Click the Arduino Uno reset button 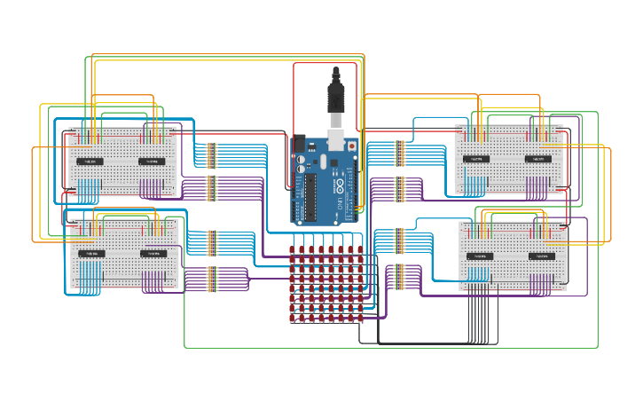click(x=352, y=145)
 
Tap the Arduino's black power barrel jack click(x=299, y=142)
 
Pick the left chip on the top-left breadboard click(x=89, y=162)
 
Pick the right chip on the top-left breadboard click(x=151, y=162)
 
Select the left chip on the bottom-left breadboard click(x=89, y=254)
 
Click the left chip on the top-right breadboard click(x=476, y=160)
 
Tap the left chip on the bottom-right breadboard click(x=480, y=256)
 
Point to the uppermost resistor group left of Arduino click(x=211, y=155)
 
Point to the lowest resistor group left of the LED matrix click(x=211, y=280)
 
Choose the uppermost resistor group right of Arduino click(x=400, y=153)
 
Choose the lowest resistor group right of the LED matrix click(x=400, y=276)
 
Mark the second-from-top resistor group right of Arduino click(x=400, y=189)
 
